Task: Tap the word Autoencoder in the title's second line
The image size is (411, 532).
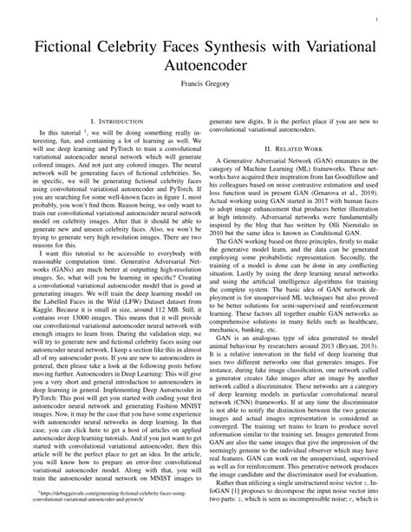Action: tap(205, 64)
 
